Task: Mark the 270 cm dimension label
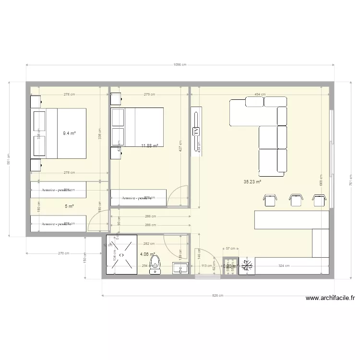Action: coord(64,253)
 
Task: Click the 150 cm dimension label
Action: coord(84,260)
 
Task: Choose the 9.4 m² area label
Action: coord(69,133)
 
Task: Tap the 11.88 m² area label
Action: coord(149,145)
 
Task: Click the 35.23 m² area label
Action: coord(252,182)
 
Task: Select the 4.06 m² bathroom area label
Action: coord(147,255)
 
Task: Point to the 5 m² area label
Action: coord(69,206)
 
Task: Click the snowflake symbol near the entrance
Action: coord(248,265)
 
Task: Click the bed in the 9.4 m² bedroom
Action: coord(60,133)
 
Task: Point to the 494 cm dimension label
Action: coord(260,95)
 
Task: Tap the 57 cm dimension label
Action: coord(230,249)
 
